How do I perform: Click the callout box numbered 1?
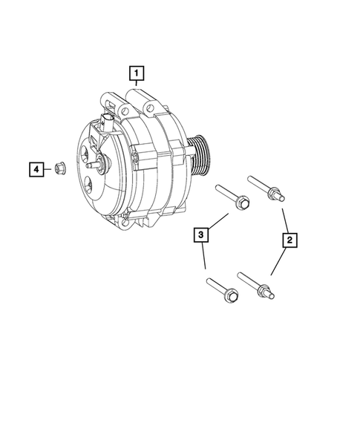[x=137, y=73]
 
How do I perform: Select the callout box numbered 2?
[x=289, y=240]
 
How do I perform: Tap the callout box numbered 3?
[x=200, y=237]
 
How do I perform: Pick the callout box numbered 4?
[x=36, y=169]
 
